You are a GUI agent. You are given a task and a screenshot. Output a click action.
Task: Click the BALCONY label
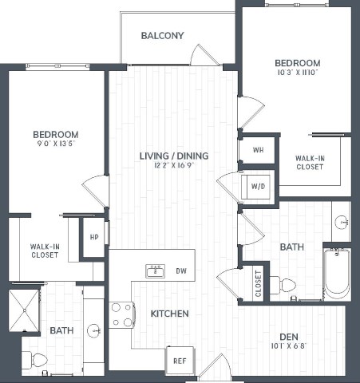coord(162,36)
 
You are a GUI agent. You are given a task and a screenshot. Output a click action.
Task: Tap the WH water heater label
coord(258,150)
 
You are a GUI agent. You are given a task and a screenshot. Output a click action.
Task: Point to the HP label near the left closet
coord(94,238)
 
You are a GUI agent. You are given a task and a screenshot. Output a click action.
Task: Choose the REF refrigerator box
coord(180,360)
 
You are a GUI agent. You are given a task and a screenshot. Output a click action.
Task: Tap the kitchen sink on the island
coord(154,271)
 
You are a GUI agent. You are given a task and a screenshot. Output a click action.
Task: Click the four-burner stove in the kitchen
coord(121,314)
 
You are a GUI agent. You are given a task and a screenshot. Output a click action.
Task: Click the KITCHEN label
coord(169,314)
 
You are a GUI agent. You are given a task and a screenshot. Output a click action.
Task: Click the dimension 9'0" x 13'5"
coord(55,145)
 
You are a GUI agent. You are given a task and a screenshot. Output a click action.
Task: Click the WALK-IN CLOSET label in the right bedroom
coord(310,162)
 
